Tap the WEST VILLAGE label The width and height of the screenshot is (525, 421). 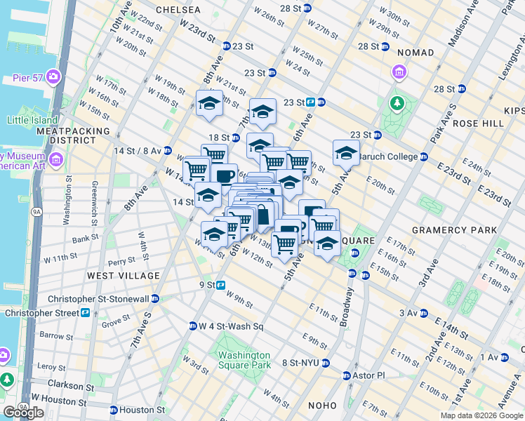115,276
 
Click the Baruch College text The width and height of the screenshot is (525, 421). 390,156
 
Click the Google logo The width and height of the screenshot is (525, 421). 23,413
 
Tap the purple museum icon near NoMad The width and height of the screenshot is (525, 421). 399,72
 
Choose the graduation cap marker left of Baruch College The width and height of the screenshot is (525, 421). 346,151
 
